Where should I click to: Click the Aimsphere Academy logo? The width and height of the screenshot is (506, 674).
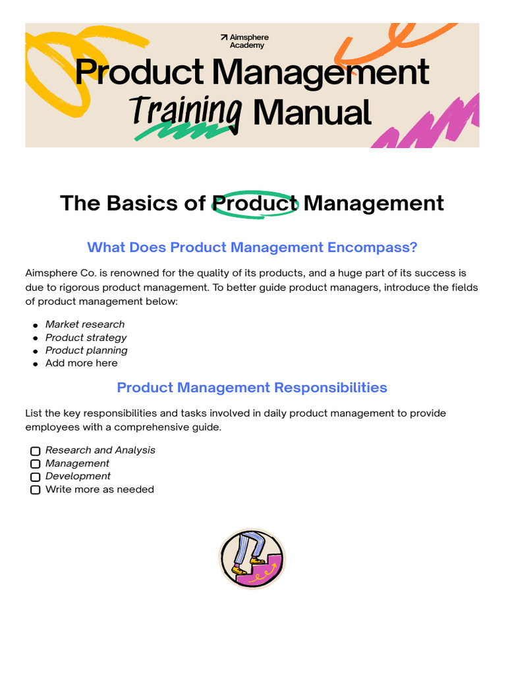[244, 41]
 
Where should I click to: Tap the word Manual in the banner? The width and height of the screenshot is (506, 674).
[312, 113]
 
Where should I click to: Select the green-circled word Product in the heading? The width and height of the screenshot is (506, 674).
[255, 203]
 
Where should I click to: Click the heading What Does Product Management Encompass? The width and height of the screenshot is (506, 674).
[252, 247]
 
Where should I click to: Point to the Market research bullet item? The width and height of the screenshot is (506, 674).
[84, 324]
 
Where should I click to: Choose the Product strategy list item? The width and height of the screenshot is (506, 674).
[86, 338]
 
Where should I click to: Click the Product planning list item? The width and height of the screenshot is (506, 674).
[86, 350]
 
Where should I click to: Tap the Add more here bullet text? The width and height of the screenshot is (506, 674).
[81, 363]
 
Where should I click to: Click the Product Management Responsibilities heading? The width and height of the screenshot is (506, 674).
[252, 388]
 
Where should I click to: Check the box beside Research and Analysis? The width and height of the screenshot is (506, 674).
[36, 451]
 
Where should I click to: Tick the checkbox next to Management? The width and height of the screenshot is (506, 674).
[36, 464]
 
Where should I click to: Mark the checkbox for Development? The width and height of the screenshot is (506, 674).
[36, 477]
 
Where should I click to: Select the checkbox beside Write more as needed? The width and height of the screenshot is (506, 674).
[36, 490]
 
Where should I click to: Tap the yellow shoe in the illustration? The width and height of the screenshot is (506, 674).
[258, 561]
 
